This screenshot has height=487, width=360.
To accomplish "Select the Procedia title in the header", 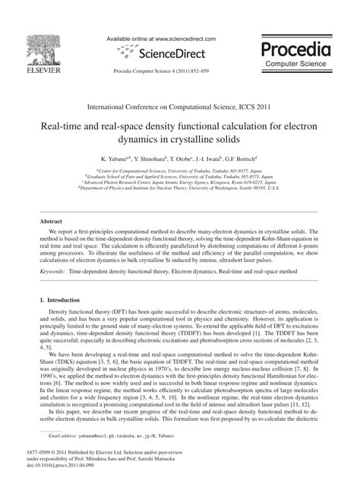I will [x=298, y=50].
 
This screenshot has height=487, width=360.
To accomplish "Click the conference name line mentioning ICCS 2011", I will [x=180, y=107].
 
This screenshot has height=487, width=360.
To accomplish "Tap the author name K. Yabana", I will [x=123, y=161].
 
